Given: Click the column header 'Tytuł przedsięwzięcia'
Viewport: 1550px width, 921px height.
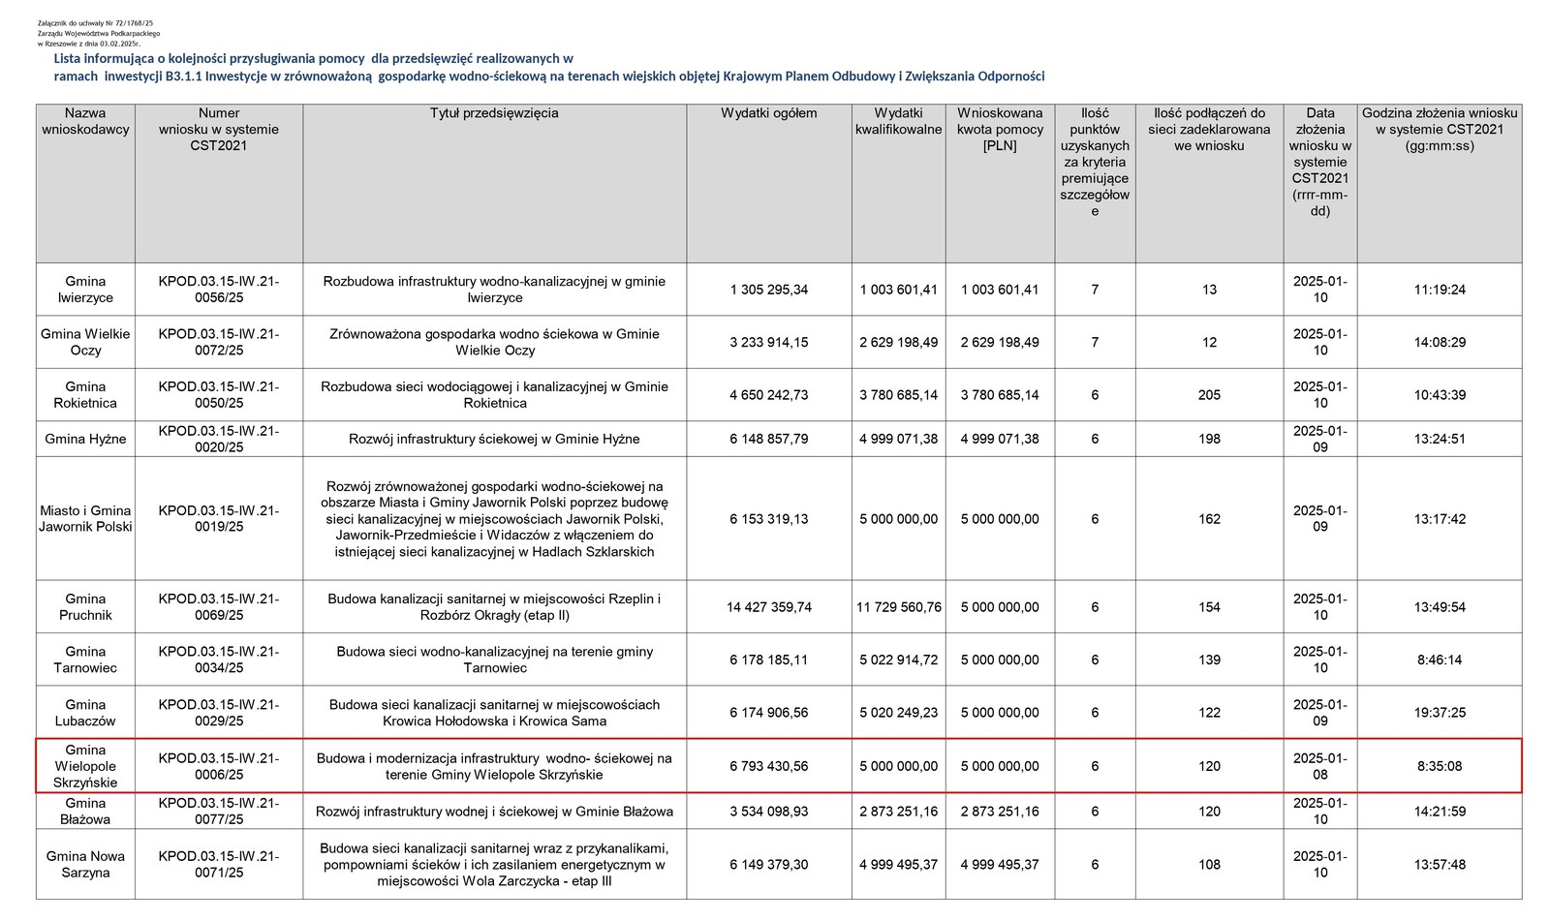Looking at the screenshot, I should pos(494,113).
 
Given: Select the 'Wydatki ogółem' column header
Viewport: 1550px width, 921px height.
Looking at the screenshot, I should pos(768,113).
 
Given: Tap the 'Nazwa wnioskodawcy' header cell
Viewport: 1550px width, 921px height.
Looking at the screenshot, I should pos(85,121).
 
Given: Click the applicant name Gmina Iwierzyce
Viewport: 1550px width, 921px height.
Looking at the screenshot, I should pos(85,290).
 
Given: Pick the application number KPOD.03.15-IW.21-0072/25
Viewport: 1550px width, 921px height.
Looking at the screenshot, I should pos(219,342).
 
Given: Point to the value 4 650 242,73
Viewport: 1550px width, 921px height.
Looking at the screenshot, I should pos(768,395).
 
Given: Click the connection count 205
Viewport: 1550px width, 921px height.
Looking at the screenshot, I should pos(1209,395).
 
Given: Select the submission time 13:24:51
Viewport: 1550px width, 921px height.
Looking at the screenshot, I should pos(1439,439).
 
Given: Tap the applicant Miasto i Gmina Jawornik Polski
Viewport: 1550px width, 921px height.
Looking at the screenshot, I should pos(85,519).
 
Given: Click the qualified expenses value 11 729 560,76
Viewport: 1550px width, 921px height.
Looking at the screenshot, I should pos(898,607).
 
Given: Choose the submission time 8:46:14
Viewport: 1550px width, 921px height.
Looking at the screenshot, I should pos(1439,660).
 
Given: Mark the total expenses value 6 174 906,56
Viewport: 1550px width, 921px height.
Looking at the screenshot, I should pos(768,713).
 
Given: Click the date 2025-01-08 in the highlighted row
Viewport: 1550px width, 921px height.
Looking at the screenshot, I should pos(1319,766).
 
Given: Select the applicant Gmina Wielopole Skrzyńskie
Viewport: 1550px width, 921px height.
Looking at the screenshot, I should pos(85,766).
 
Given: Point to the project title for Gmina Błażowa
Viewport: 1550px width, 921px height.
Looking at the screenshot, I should pos(494,812).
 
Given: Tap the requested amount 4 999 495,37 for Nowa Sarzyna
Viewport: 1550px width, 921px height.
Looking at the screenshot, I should pos(1000,865).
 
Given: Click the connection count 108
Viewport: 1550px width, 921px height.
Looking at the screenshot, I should pos(1209,865).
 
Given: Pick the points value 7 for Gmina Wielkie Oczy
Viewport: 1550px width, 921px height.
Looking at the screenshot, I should pos(1095,342).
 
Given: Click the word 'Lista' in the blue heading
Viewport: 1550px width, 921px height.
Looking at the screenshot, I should pos(69,59).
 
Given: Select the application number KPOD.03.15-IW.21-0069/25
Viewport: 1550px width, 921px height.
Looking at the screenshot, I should pos(219,607).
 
